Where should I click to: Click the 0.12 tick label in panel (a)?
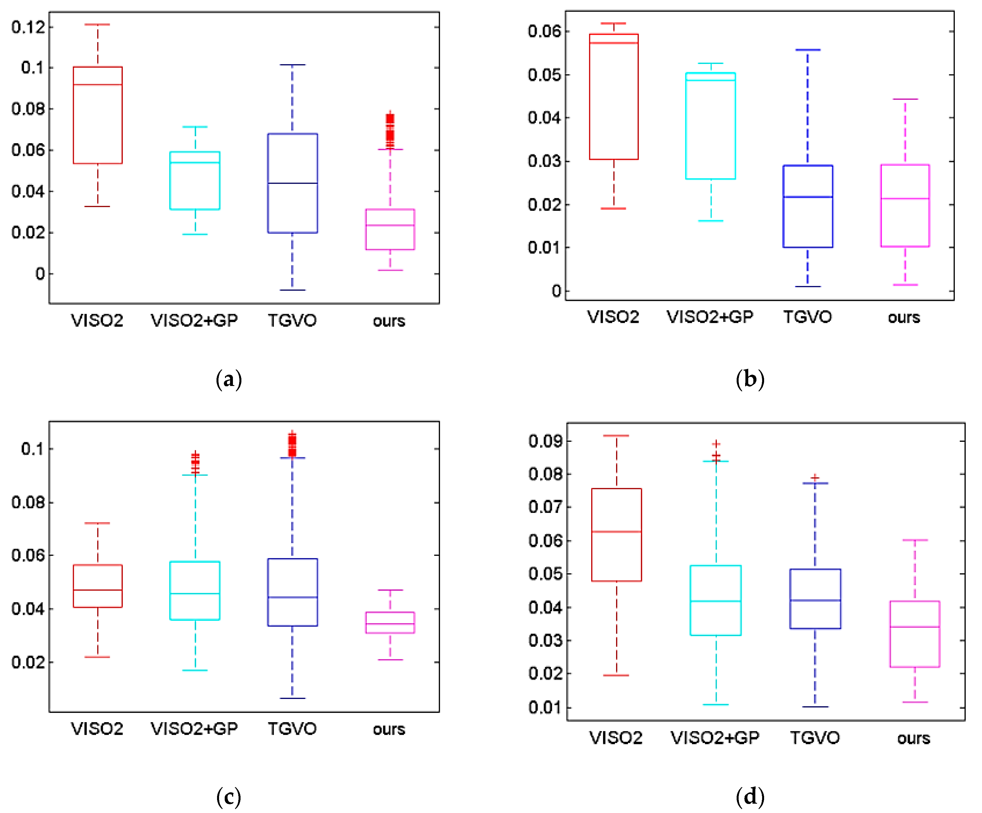click(28, 27)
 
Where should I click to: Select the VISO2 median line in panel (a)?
click(98, 85)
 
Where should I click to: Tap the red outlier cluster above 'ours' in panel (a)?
click(389, 127)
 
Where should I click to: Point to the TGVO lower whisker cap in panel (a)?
click(292, 290)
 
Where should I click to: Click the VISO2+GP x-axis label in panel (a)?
click(194, 321)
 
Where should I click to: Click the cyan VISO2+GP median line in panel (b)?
click(710, 80)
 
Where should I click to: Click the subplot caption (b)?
click(750, 379)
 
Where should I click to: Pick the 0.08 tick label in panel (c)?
click(28, 503)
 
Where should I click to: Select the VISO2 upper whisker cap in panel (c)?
click(97, 523)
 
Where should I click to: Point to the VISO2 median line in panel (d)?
click(616, 531)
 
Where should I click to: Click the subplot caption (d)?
click(750, 796)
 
